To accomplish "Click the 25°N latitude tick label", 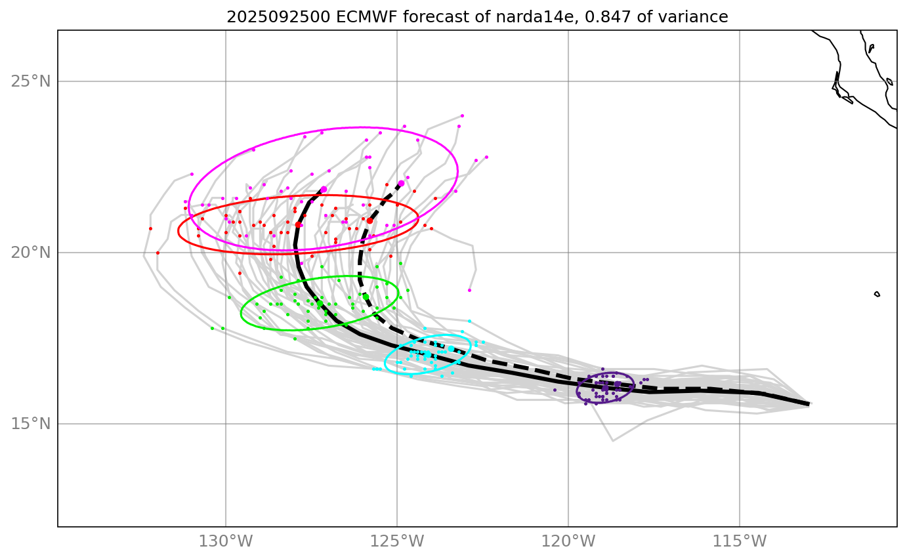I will pos(30,81).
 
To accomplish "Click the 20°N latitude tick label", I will pos(30,253).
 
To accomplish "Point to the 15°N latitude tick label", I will pos(30,424).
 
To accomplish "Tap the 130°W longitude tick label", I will pos(226,542).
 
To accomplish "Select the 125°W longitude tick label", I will pos(397,542).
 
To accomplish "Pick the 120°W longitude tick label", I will pos(568,542).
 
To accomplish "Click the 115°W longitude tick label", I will pos(740,542).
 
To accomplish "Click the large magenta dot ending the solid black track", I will pos(324,190).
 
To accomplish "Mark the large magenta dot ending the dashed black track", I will pos(401,183).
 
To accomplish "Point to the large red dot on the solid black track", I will pos(298,224).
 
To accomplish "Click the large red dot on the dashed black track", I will pos(369,220).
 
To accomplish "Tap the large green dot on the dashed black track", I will pos(366,296).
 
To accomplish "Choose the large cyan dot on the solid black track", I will pos(427,354).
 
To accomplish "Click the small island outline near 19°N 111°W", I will pos(877,294).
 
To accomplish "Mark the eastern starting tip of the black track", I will pos(808,404).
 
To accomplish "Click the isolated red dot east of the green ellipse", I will pos(469,290).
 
